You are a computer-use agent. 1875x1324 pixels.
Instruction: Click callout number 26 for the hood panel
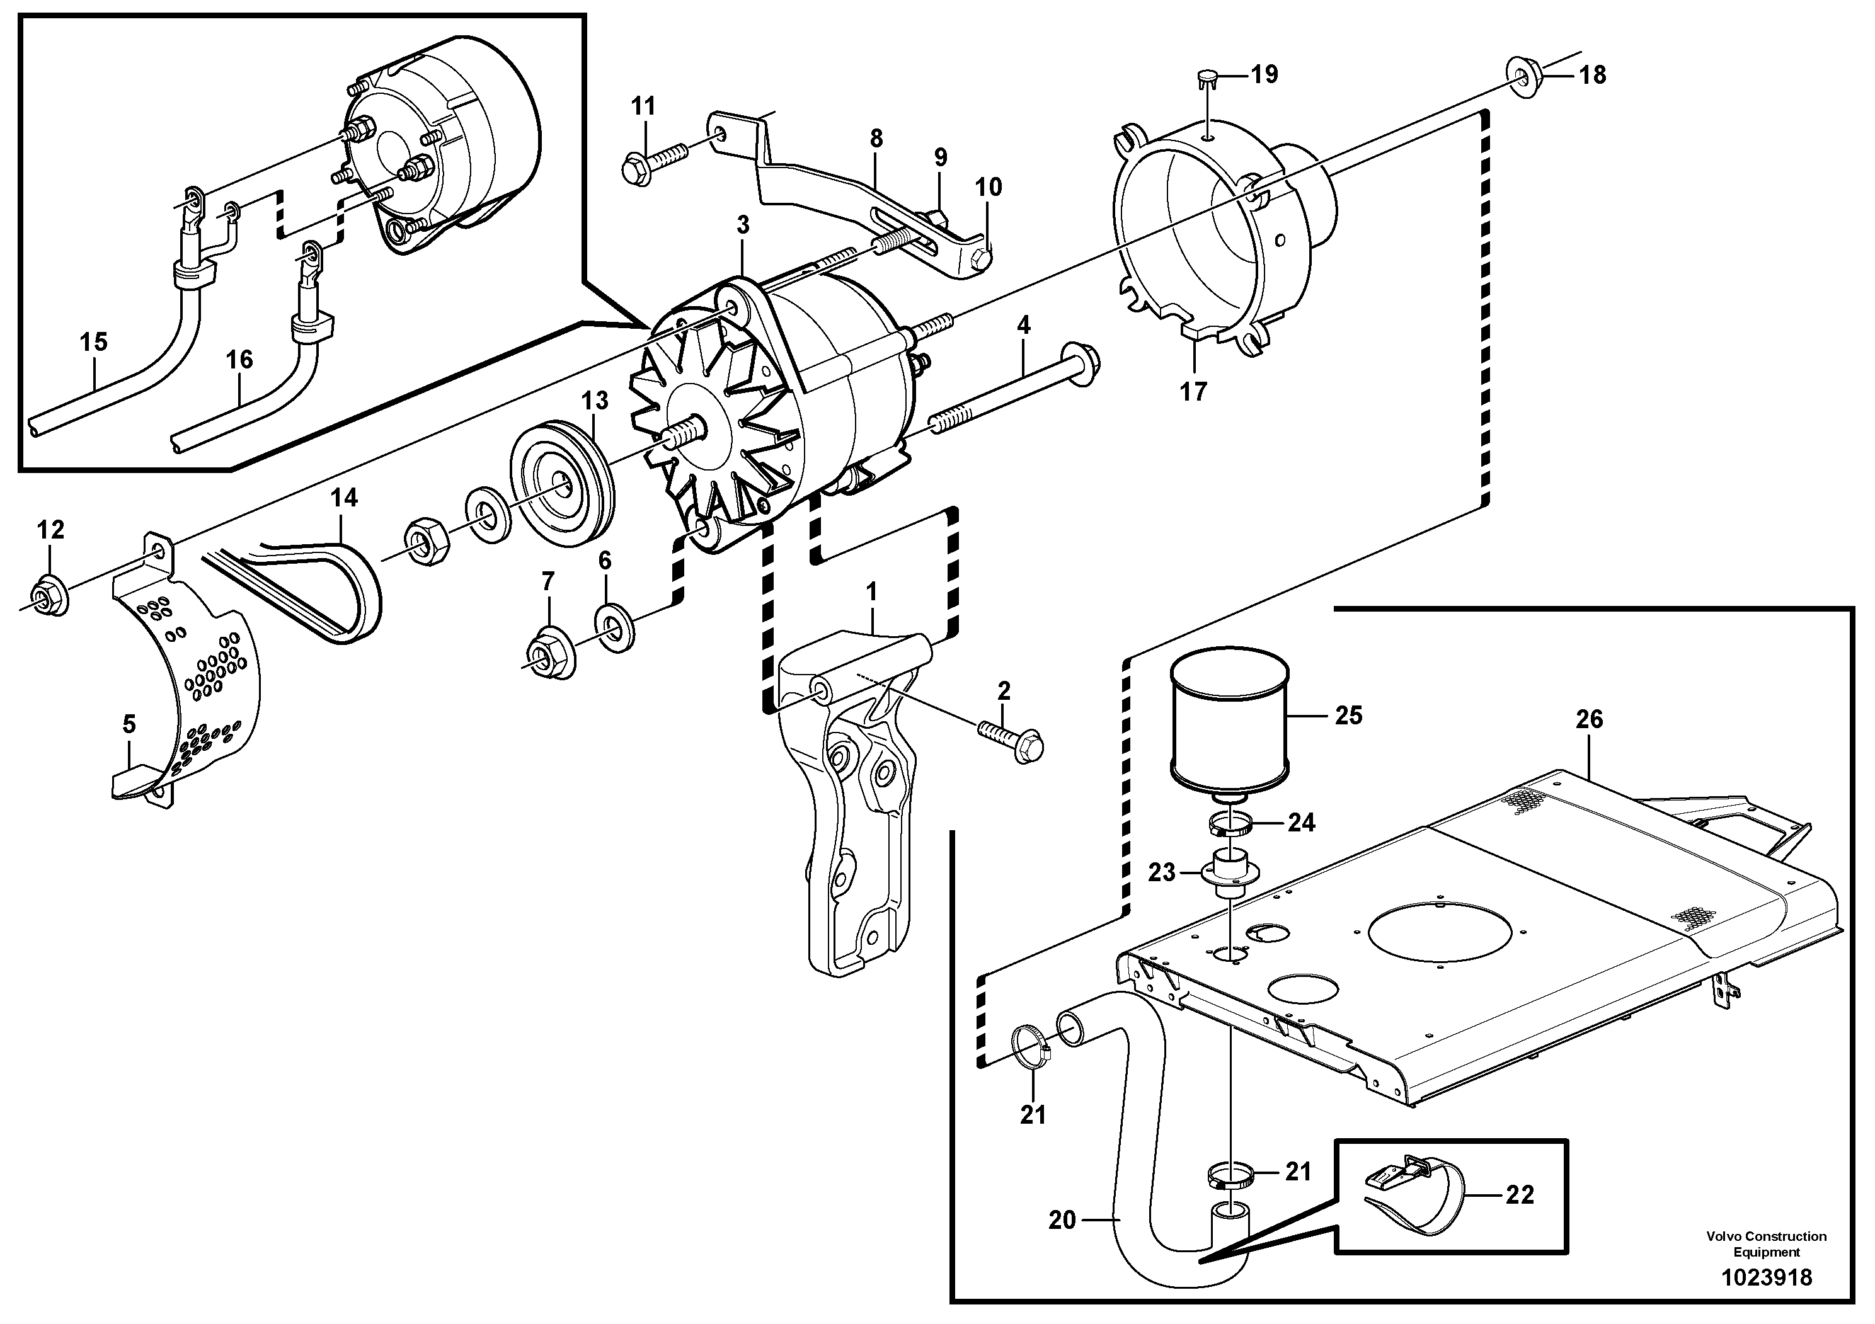[1589, 719]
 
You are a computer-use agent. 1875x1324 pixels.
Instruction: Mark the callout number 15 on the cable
[93, 341]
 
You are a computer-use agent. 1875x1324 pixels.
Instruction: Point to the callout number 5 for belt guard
[129, 724]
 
